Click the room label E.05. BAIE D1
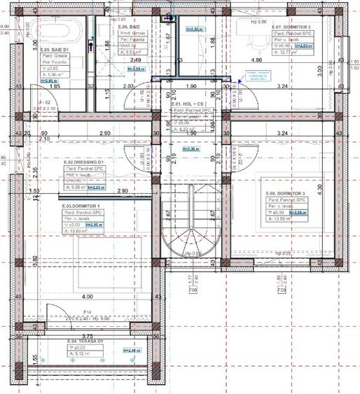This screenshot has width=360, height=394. click(x=55, y=50)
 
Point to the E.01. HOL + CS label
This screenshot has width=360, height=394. click(x=190, y=104)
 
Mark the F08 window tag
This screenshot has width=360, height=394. click(x=193, y=288)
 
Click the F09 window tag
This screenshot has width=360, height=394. click(x=281, y=288)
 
